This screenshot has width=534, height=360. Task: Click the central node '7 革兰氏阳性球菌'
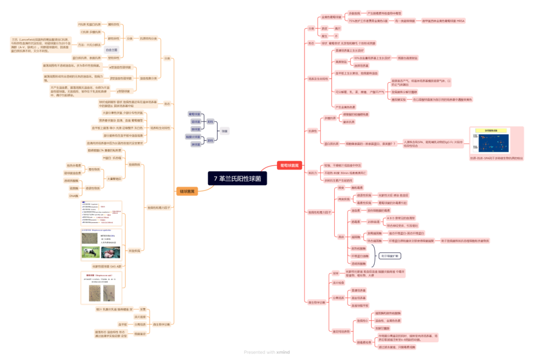(237, 178)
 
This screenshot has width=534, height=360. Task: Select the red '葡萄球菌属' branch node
(289, 166)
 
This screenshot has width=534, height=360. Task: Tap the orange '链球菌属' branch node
(187, 191)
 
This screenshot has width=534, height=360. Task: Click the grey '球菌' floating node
(225, 131)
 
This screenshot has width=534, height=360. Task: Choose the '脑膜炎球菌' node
(193, 136)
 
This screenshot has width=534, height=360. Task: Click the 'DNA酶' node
(74, 196)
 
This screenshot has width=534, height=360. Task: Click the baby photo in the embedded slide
(110, 252)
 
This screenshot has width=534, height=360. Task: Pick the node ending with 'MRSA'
(443, 21)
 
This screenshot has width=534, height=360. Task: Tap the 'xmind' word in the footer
(283, 352)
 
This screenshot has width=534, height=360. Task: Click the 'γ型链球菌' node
(123, 91)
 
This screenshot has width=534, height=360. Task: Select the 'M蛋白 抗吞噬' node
(112, 158)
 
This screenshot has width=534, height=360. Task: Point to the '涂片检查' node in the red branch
(338, 282)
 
